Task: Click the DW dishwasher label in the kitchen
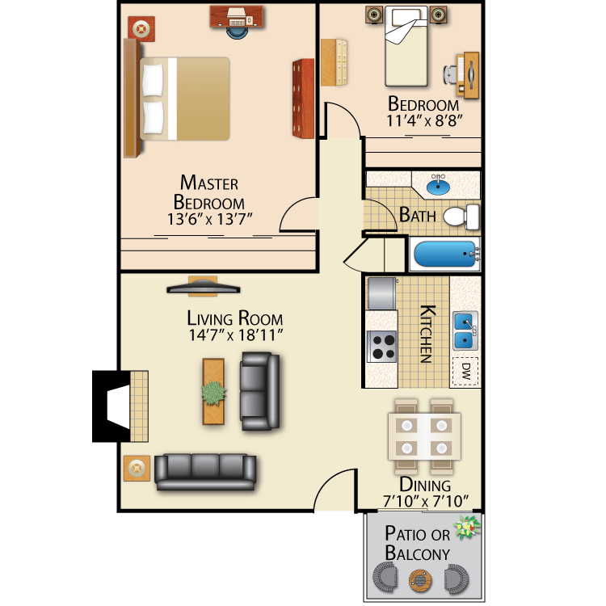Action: click(465, 371)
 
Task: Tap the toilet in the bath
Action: click(461, 216)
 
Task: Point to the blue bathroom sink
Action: click(438, 186)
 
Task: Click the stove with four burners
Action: click(383, 347)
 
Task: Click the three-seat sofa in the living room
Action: click(205, 472)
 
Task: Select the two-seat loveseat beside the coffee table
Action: click(259, 393)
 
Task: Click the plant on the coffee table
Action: click(214, 393)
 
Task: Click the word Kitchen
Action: click(427, 333)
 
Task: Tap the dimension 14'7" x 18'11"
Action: click(234, 334)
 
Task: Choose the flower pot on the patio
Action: click(466, 528)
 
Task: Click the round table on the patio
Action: click(419, 579)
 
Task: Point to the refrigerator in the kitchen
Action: click(382, 293)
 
